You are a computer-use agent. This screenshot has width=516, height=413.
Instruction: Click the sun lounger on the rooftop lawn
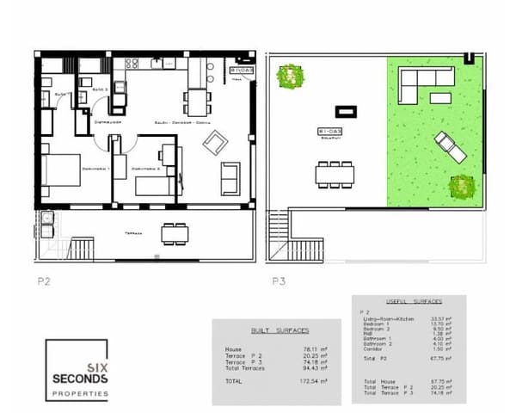[451, 147]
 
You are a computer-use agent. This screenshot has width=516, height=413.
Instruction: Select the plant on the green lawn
[462, 186]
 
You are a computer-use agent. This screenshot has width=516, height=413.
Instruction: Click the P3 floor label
[278, 280]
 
